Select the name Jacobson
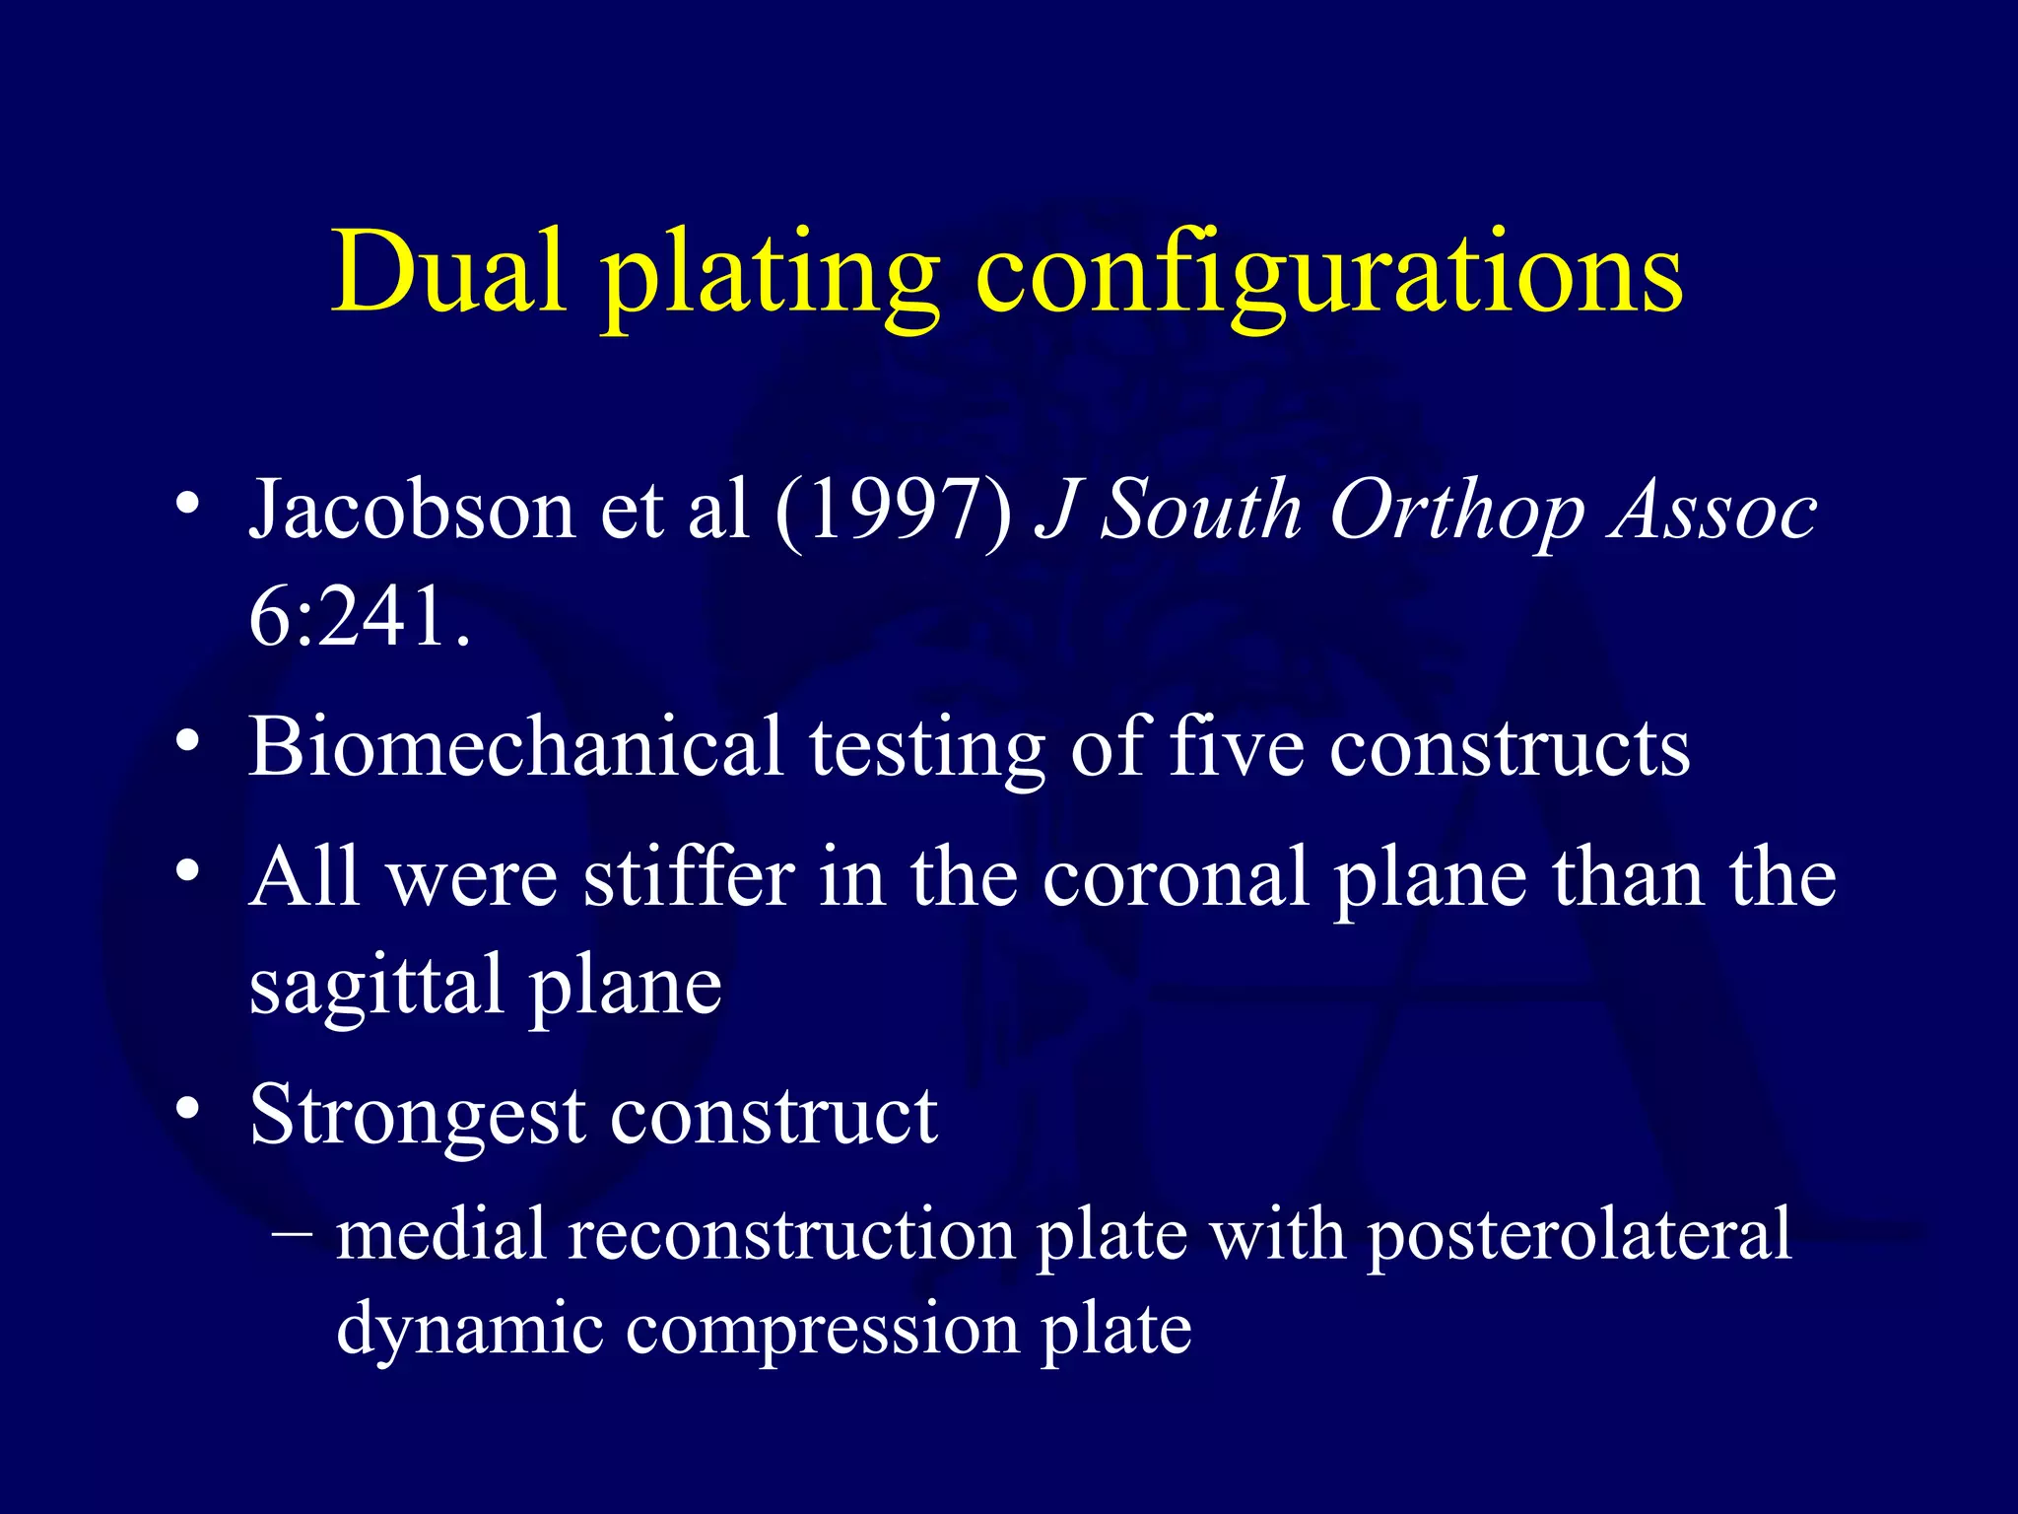tap(412, 510)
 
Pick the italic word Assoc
tap(1713, 510)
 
